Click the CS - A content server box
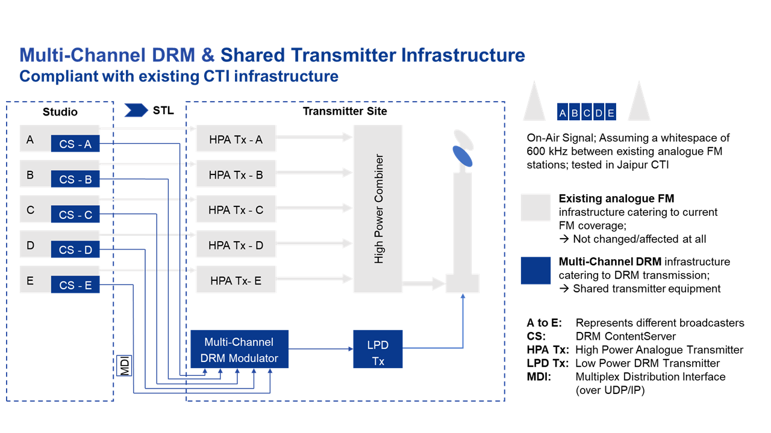[75, 144]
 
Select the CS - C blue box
[75, 215]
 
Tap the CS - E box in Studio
[75, 285]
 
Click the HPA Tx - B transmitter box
[236, 175]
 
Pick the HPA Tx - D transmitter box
[236, 245]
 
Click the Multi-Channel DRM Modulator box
[239, 350]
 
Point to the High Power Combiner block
[378, 209]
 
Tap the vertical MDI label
[125, 365]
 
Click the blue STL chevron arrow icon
[136, 110]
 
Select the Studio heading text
[60, 112]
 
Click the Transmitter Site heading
[345, 111]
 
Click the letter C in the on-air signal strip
[587, 112]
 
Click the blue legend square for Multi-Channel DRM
[535, 271]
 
